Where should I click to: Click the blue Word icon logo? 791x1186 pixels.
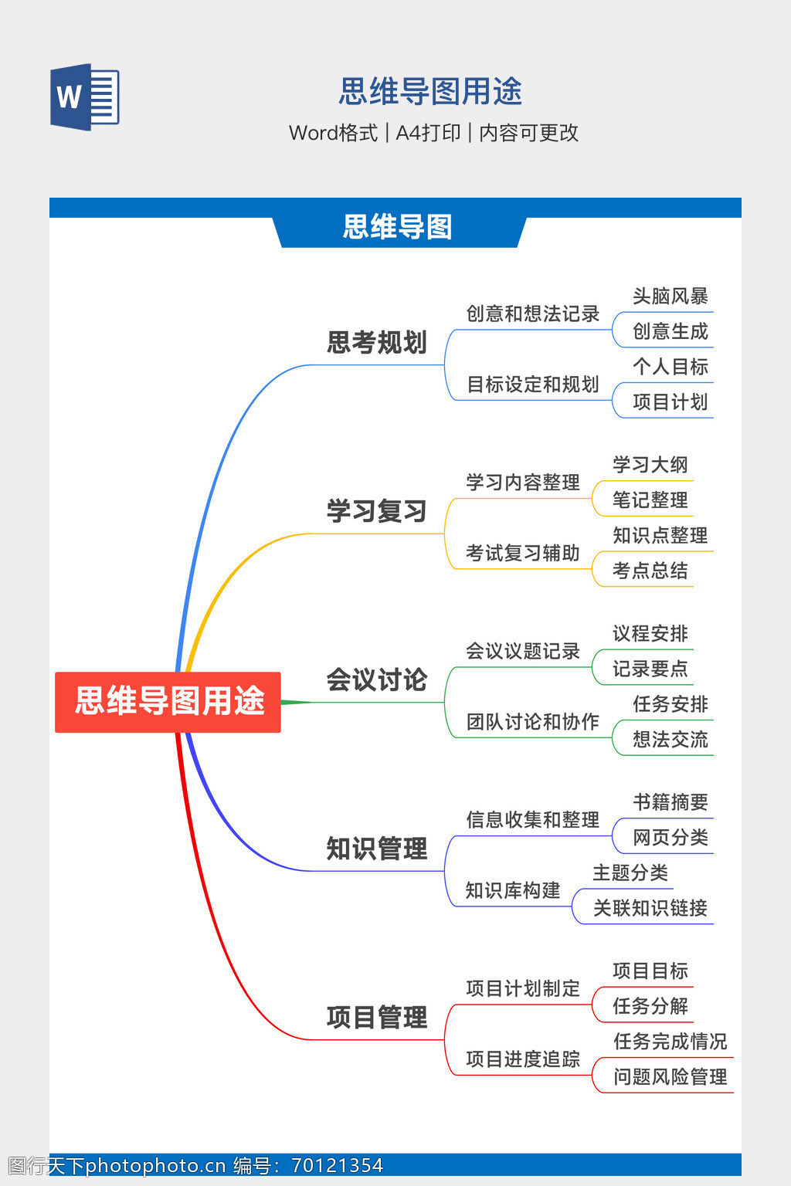pos(85,97)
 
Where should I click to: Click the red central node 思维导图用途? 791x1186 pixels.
pos(168,701)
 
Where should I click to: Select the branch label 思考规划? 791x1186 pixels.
pos(376,342)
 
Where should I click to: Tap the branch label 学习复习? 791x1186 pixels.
pos(376,510)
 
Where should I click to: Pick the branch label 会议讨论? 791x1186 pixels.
pos(376,679)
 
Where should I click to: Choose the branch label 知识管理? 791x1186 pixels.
pos(376,848)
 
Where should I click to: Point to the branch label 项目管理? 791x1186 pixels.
pos(376,1017)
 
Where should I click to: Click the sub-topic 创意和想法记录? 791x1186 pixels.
pos(532,313)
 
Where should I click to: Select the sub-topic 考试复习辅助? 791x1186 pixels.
pos(522,553)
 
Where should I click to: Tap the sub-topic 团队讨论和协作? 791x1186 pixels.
pos(532,721)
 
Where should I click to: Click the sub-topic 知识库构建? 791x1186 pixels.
pos(512,890)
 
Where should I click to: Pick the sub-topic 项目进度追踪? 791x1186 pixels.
pos(522,1059)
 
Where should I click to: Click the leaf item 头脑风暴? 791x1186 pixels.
pos(670,296)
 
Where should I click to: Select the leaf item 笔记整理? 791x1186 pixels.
pos(650,500)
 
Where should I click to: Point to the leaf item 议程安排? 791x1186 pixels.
pos(650,633)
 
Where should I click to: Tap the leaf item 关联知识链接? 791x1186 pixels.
pos(650,908)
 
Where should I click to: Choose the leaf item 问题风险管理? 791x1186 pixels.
pos(670,1076)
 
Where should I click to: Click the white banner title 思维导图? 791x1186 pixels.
pos(397,227)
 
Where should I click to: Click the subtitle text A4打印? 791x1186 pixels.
pos(428,133)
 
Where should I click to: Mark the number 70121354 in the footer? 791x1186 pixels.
pos(337,1165)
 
